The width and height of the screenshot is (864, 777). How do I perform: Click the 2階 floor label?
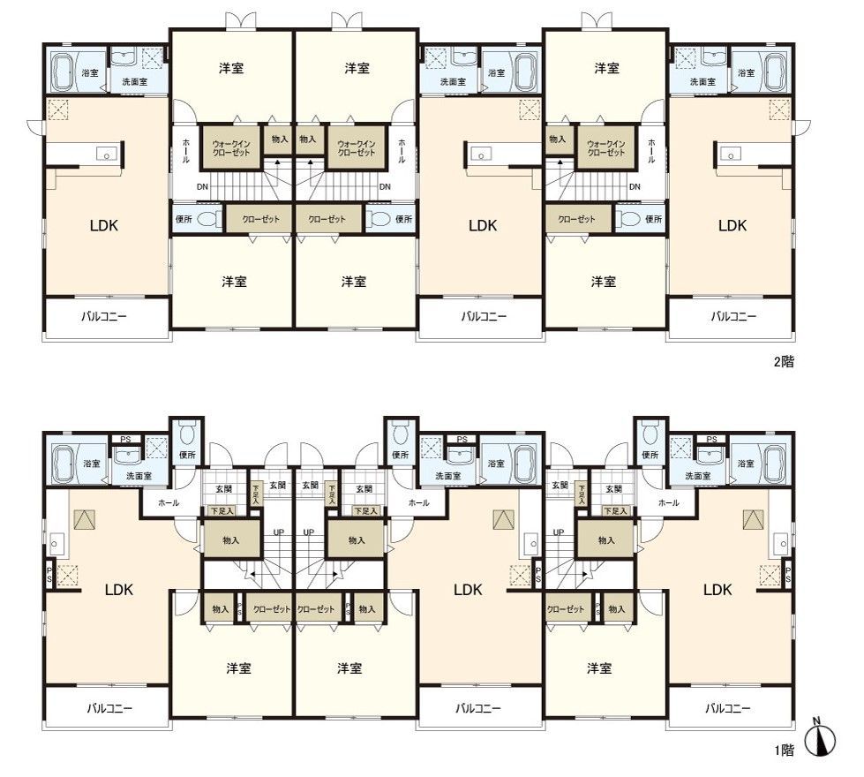click(783, 362)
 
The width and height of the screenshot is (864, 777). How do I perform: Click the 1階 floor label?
click(784, 751)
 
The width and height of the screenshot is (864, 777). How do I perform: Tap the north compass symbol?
click(822, 737)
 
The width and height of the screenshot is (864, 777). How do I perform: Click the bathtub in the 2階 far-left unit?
click(63, 72)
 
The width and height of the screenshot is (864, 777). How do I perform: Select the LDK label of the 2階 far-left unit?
click(103, 225)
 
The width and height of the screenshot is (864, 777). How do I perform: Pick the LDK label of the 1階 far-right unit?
click(717, 589)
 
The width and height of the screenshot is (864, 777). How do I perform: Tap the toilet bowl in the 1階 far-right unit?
click(650, 432)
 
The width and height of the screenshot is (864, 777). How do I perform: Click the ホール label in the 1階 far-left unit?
click(168, 502)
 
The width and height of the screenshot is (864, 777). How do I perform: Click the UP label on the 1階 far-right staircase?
click(558, 532)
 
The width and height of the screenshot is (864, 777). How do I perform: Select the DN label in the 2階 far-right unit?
click(635, 186)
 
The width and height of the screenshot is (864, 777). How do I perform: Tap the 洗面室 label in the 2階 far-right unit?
click(702, 81)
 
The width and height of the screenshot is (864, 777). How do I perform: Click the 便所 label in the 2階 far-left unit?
click(184, 219)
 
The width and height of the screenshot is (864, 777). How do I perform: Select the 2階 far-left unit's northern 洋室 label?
click(233, 68)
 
